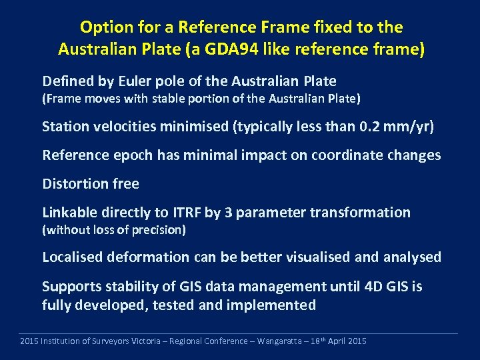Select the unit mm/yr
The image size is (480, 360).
pos(409,127)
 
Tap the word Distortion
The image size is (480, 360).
pos(75,183)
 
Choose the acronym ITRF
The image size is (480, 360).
pos(185,213)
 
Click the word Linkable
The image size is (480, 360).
pos(69,213)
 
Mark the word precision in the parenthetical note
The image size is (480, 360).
pos(159,230)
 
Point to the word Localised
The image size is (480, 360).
pos(72,257)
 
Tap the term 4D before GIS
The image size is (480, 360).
pos(372,287)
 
